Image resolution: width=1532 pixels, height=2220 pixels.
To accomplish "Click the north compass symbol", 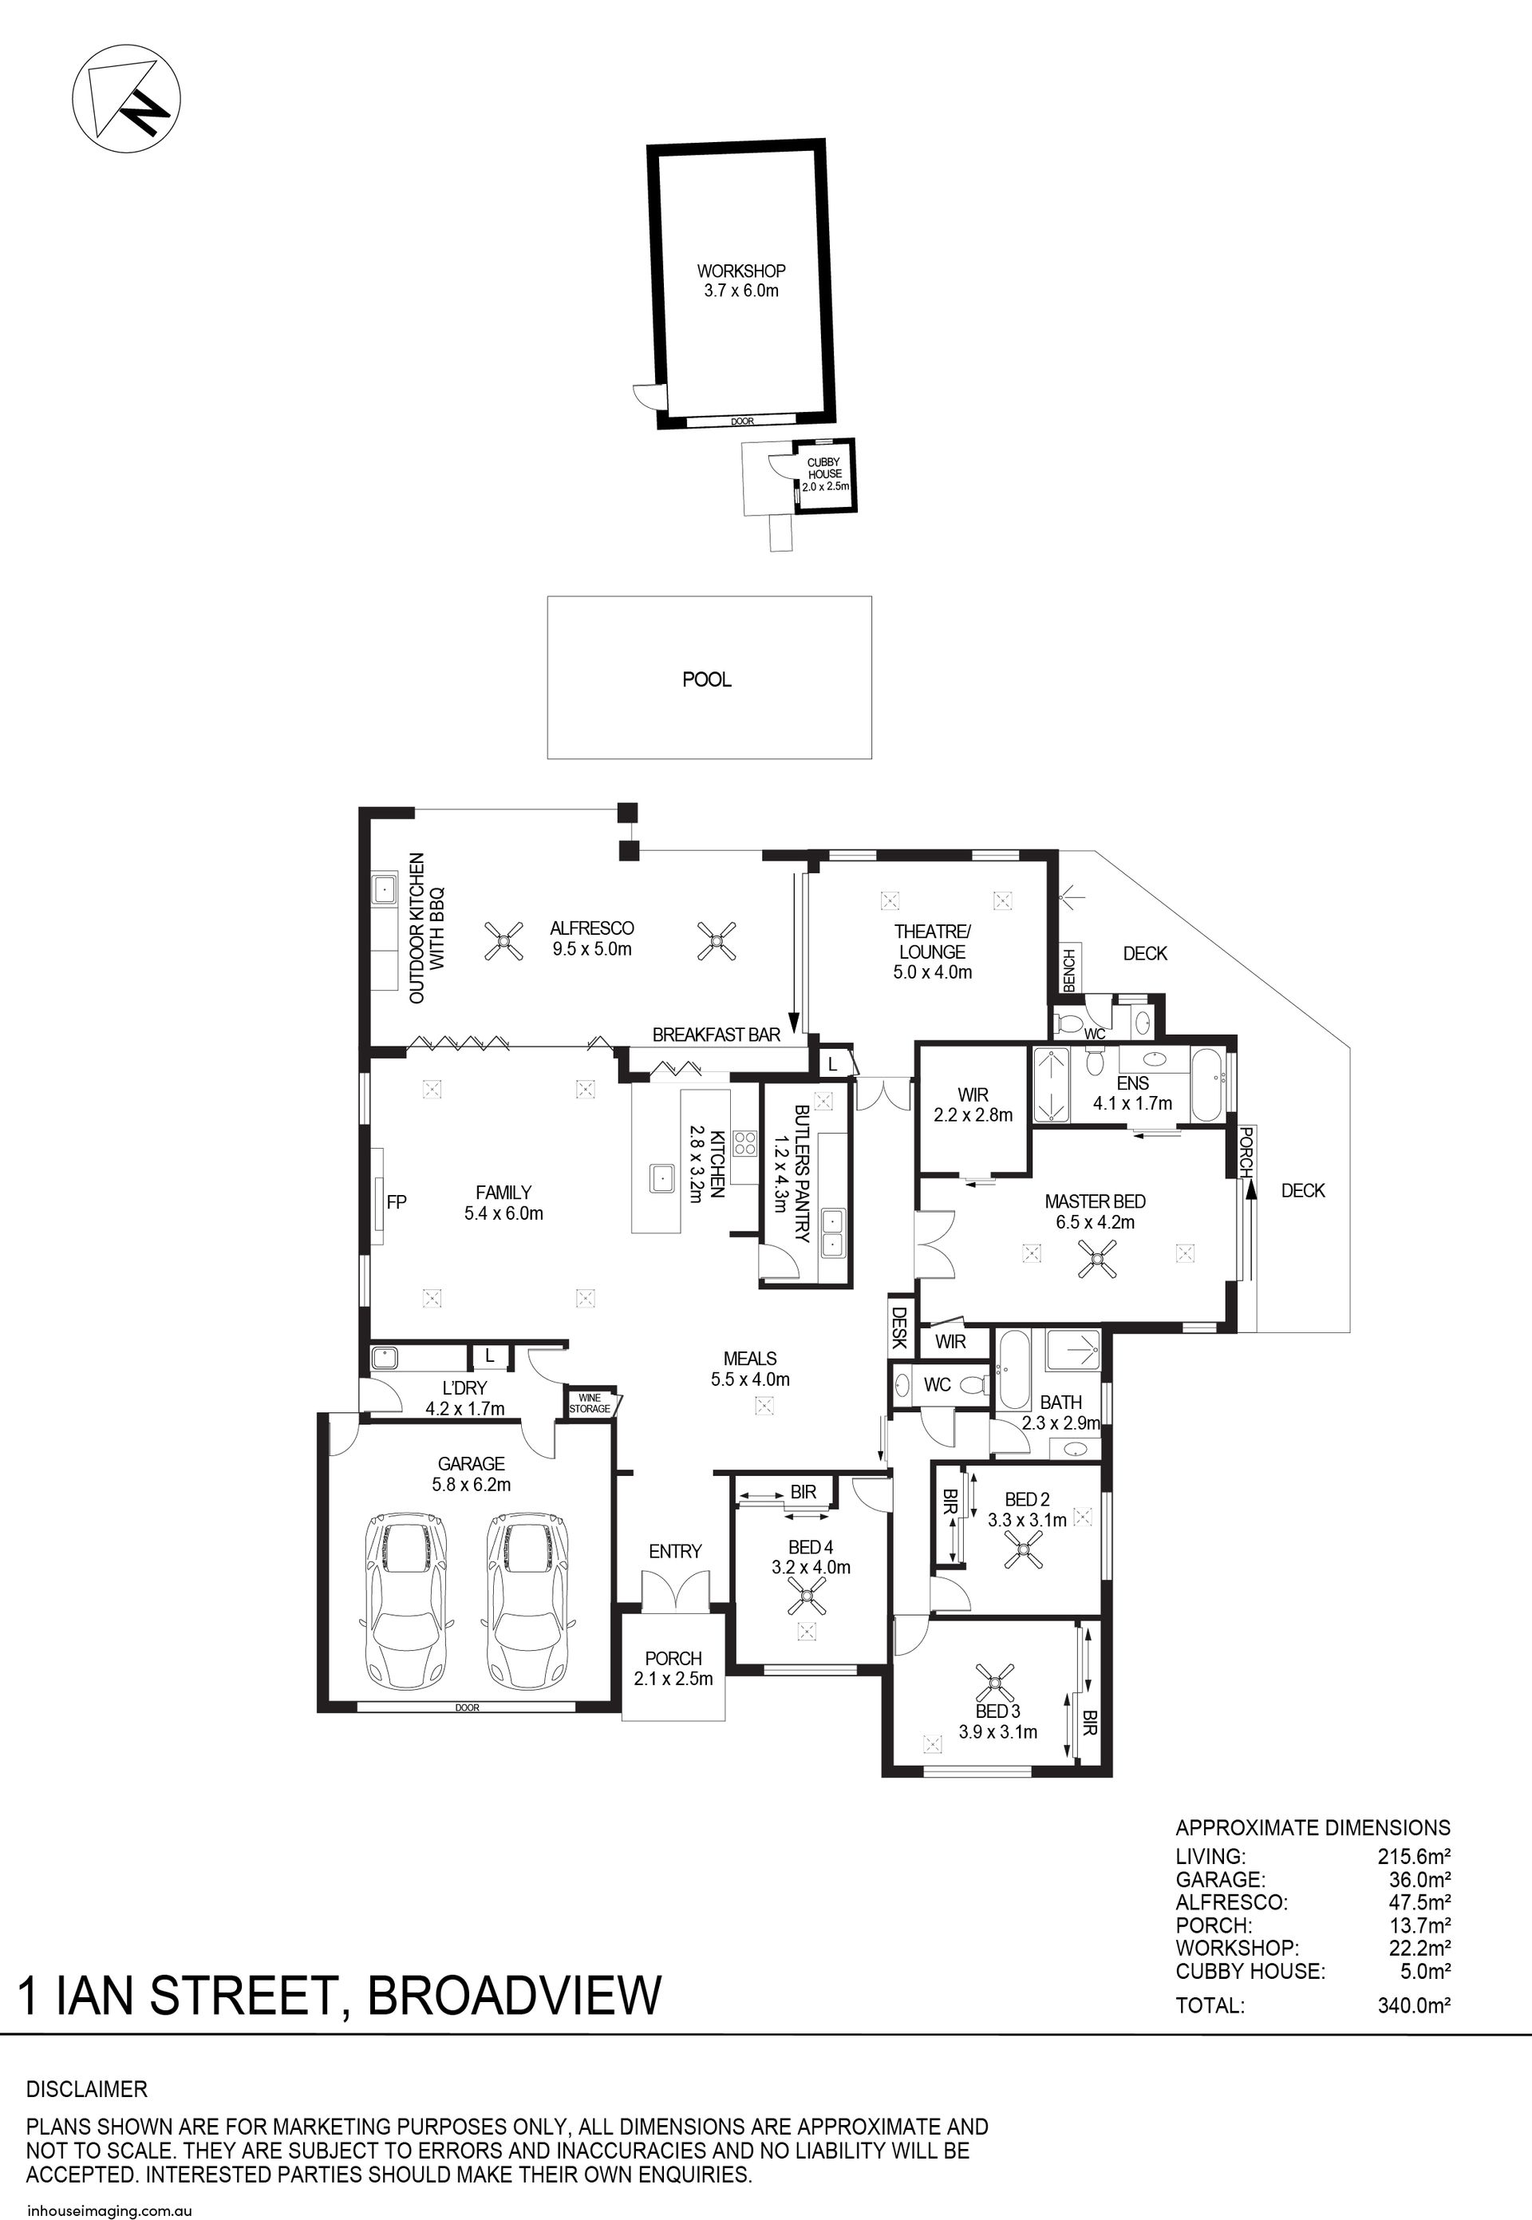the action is [x=127, y=99].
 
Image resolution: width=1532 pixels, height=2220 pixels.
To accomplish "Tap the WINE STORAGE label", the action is [x=590, y=1403].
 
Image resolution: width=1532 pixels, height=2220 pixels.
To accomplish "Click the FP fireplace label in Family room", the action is [x=397, y=1201].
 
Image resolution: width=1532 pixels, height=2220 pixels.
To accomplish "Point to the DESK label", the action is [x=899, y=1327].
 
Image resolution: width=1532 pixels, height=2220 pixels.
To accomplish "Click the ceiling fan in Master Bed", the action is [x=1096, y=1258].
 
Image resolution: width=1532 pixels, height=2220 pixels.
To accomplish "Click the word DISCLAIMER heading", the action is [x=86, y=2089].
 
